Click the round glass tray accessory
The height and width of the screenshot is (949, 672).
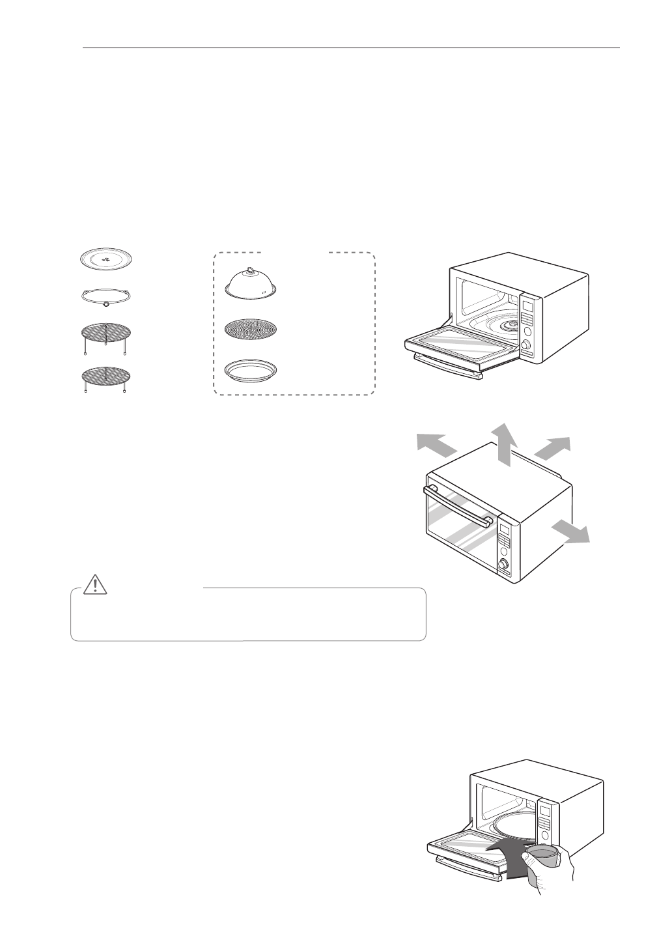(x=105, y=257)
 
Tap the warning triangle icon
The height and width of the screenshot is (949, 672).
(x=96, y=586)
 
